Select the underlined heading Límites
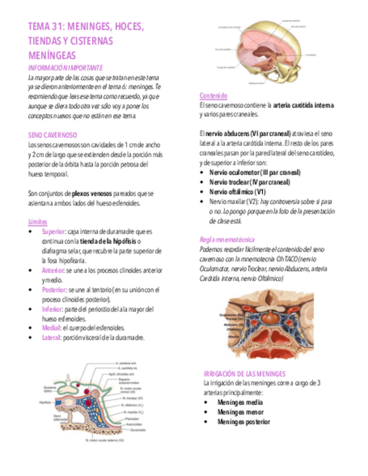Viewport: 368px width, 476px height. click(38, 222)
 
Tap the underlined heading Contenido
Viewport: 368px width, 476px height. click(213, 96)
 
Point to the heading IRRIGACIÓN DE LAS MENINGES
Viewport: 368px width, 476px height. click(245, 373)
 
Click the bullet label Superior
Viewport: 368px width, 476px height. click(53, 231)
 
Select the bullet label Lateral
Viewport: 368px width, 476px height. click(52, 337)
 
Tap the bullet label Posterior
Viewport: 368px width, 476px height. click(54, 290)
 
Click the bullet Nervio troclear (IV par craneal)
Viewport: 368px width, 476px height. click(250, 182)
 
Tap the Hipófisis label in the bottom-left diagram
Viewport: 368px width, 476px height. click(45, 402)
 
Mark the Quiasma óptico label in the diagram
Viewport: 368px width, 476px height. click(49, 389)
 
